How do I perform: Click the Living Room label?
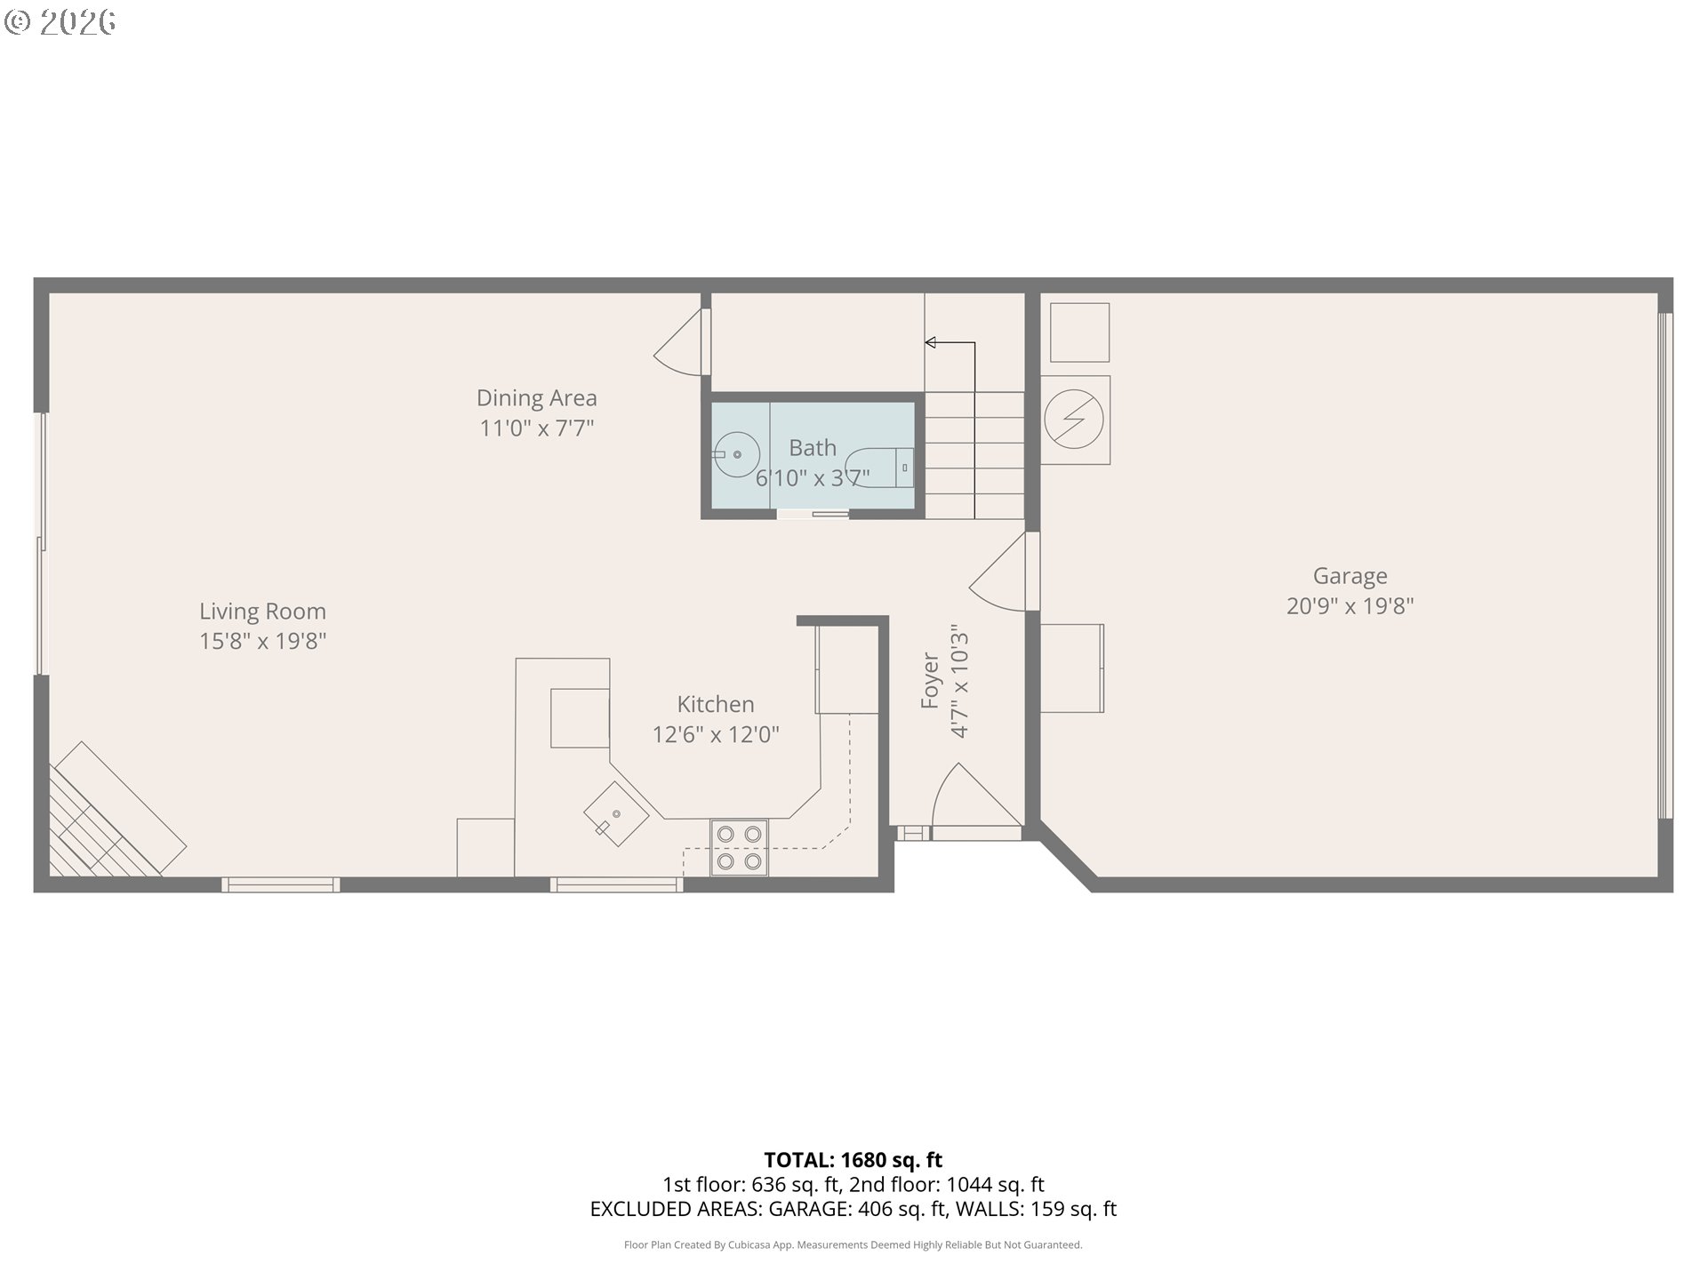pyautogui.click(x=262, y=612)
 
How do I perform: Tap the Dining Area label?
pyautogui.click(x=536, y=397)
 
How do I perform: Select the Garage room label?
pyautogui.click(x=1350, y=576)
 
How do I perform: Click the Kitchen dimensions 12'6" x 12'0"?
pyautogui.click(x=716, y=734)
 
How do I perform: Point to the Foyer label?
pyautogui.click(x=930, y=681)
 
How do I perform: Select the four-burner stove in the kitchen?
pyautogui.click(x=739, y=848)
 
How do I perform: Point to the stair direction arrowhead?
pyautogui.click(x=930, y=342)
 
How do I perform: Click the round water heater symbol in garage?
pyautogui.click(x=1074, y=419)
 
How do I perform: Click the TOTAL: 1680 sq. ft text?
pyautogui.click(x=853, y=1160)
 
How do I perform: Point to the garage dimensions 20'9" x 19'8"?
pyautogui.click(x=1350, y=606)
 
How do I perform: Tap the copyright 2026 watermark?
pyautogui.click(x=60, y=22)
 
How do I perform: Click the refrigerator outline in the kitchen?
pyautogui.click(x=846, y=669)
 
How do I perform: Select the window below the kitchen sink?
pyautogui.click(x=616, y=884)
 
